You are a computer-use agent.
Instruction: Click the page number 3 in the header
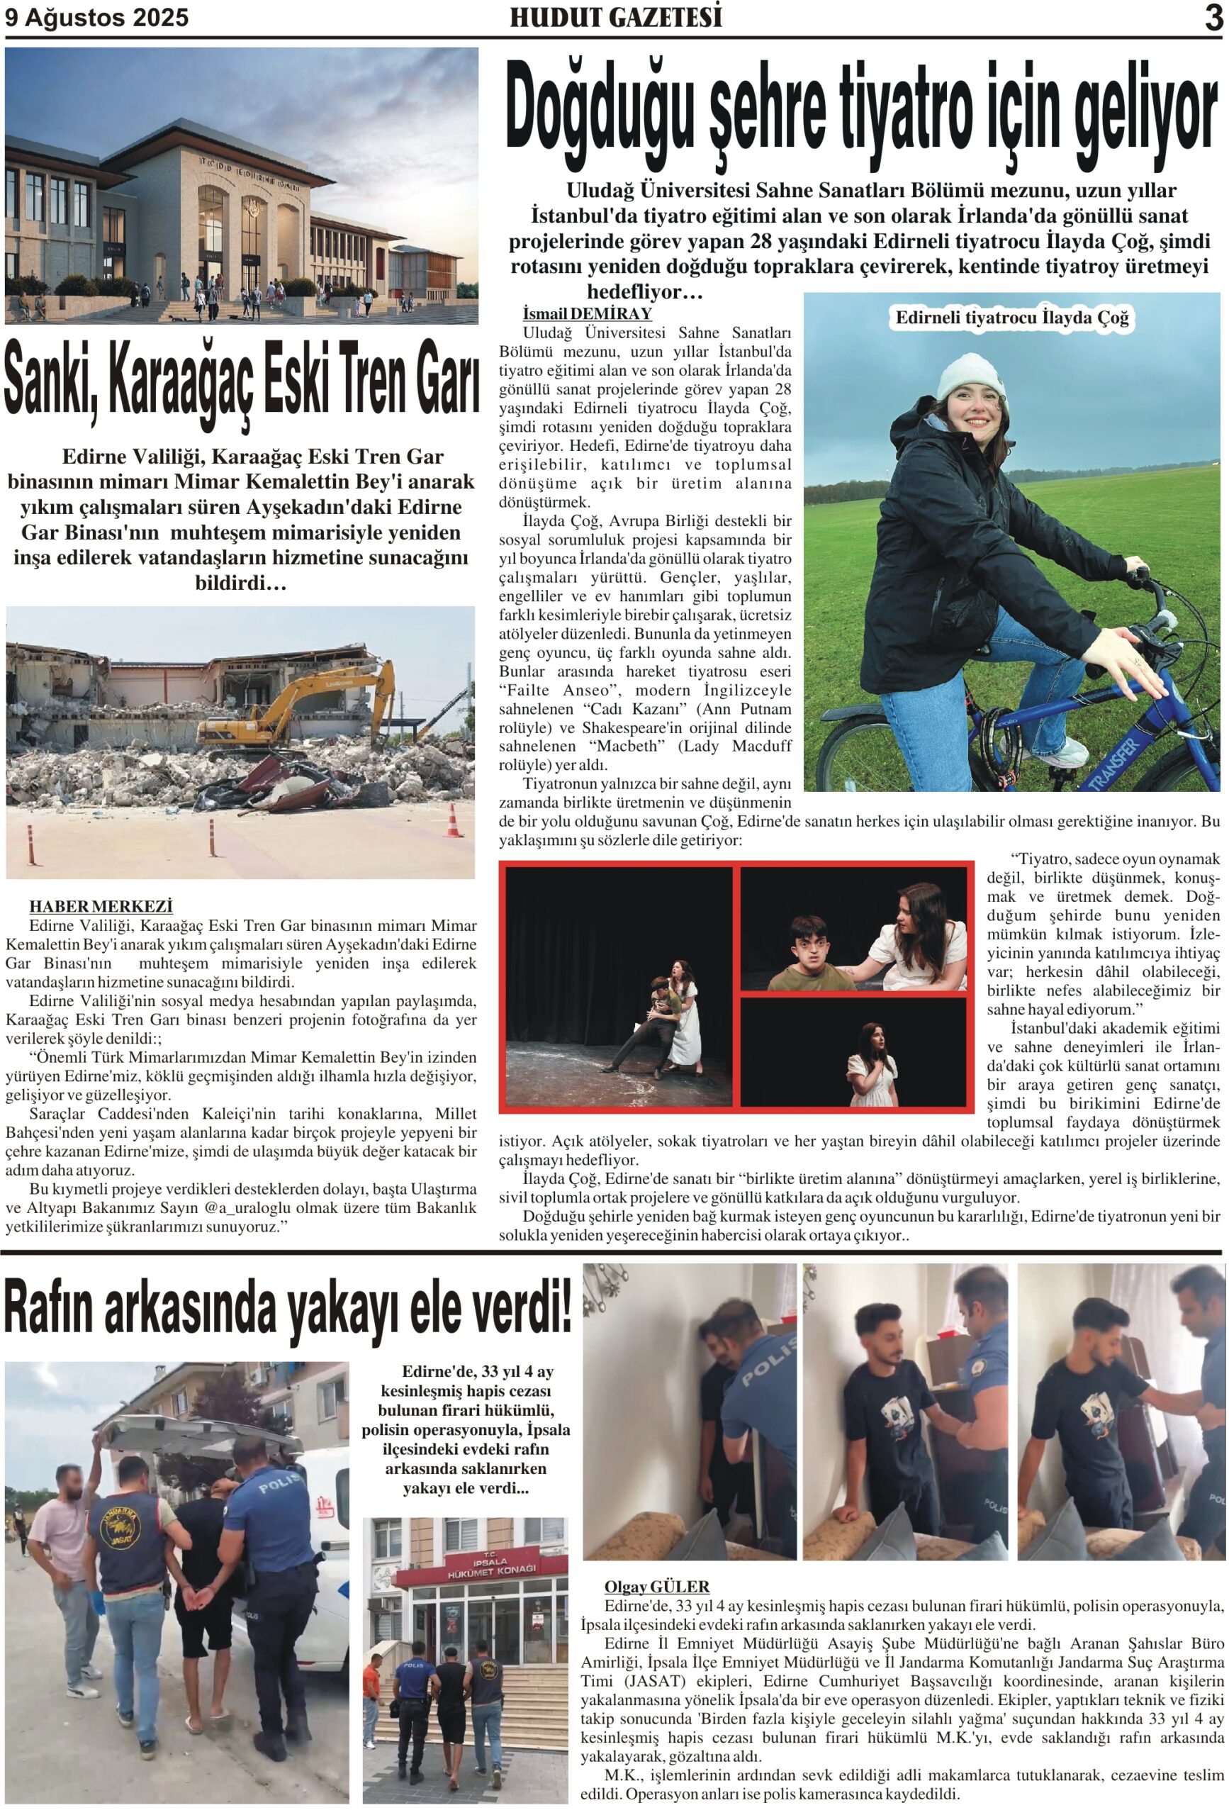(x=1213, y=17)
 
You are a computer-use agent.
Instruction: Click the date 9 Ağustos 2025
(x=97, y=18)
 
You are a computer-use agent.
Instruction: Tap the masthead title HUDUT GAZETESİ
(x=615, y=18)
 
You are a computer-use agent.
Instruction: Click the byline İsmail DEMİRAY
(x=587, y=314)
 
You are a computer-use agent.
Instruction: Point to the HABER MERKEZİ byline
(x=101, y=906)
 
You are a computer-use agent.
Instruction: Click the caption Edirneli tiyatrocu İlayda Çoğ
(x=1011, y=318)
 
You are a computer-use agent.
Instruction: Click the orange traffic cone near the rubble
(x=454, y=821)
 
